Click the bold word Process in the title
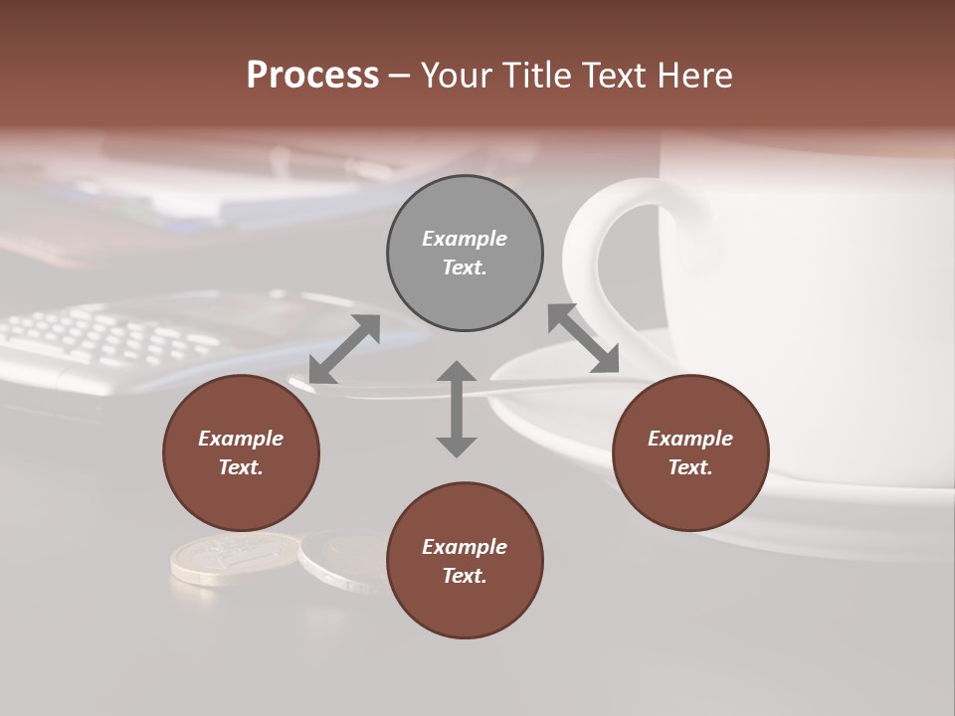(312, 76)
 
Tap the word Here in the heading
(692, 76)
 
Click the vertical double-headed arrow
(457, 409)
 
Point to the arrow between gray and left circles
(344, 349)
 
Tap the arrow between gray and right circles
(584, 338)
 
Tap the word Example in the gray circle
(465, 239)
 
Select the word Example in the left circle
(241, 439)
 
